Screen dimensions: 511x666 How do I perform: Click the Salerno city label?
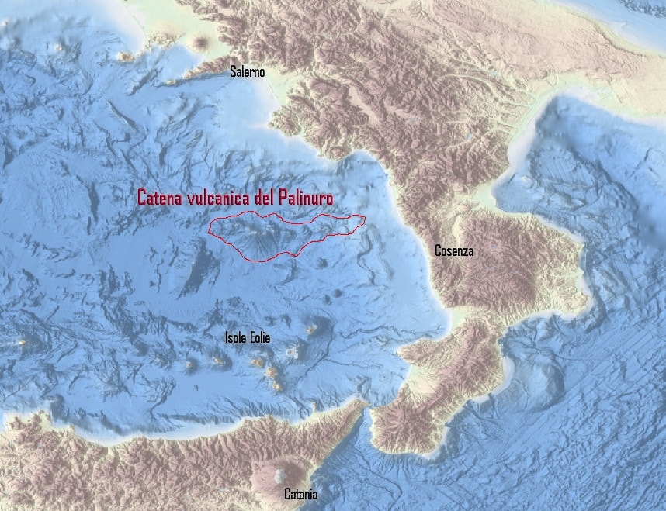247,72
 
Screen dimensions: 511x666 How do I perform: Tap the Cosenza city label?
454,251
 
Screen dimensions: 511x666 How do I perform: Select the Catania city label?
300,494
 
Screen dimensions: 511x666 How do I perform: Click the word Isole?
237,338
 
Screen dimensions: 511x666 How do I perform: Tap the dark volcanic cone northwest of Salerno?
204,41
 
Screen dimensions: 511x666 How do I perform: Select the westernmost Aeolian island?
191,364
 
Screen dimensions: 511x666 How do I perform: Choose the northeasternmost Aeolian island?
313,329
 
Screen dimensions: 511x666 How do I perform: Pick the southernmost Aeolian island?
275,385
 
